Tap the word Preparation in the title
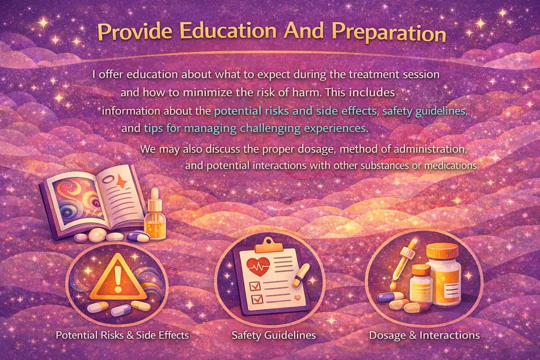click(x=389, y=33)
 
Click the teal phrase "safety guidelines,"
click(x=425, y=111)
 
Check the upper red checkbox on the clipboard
click(x=255, y=286)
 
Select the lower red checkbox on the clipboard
click(x=258, y=299)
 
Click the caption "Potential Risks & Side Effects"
click(x=122, y=335)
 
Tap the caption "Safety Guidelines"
click(x=274, y=335)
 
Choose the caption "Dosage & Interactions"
click(x=424, y=335)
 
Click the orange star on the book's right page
click(x=123, y=181)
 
